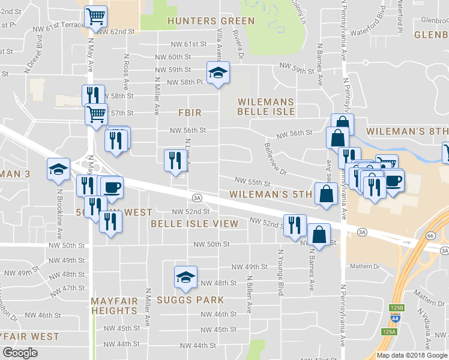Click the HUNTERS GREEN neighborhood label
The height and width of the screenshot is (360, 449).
point(211,21)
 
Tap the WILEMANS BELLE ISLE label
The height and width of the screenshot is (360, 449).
point(266,107)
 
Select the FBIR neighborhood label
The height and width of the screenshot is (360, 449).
point(189,113)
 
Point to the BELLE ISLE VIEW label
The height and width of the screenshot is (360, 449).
point(194,224)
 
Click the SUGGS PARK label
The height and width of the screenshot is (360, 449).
point(190,300)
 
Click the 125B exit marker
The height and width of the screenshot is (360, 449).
point(396,308)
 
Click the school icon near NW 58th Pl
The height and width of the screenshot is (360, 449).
point(218,73)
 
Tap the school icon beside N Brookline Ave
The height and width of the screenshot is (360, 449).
point(58,170)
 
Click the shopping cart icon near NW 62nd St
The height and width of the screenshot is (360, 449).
point(96,17)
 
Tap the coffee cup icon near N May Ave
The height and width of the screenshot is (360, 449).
point(112,187)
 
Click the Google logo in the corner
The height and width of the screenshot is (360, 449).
point(20,353)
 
